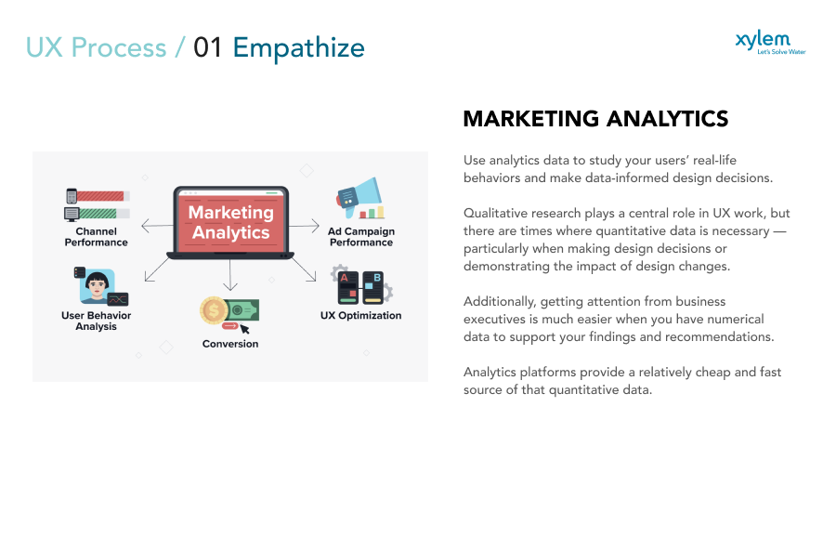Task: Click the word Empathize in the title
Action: [298, 47]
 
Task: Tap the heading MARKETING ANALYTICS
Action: [595, 119]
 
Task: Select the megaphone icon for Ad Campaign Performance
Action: [362, 194]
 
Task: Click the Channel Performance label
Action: [96, 237]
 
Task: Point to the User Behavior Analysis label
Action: [96, 321]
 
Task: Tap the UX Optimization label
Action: [361, 315]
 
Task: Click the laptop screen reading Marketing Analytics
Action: [230, 221]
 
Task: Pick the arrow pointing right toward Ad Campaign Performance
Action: [306, 225]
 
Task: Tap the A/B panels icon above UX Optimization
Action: [361, 287]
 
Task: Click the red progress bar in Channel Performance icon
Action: [100, 196]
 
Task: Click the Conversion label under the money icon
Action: [230, 344]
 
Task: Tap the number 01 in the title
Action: [208, 47]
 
